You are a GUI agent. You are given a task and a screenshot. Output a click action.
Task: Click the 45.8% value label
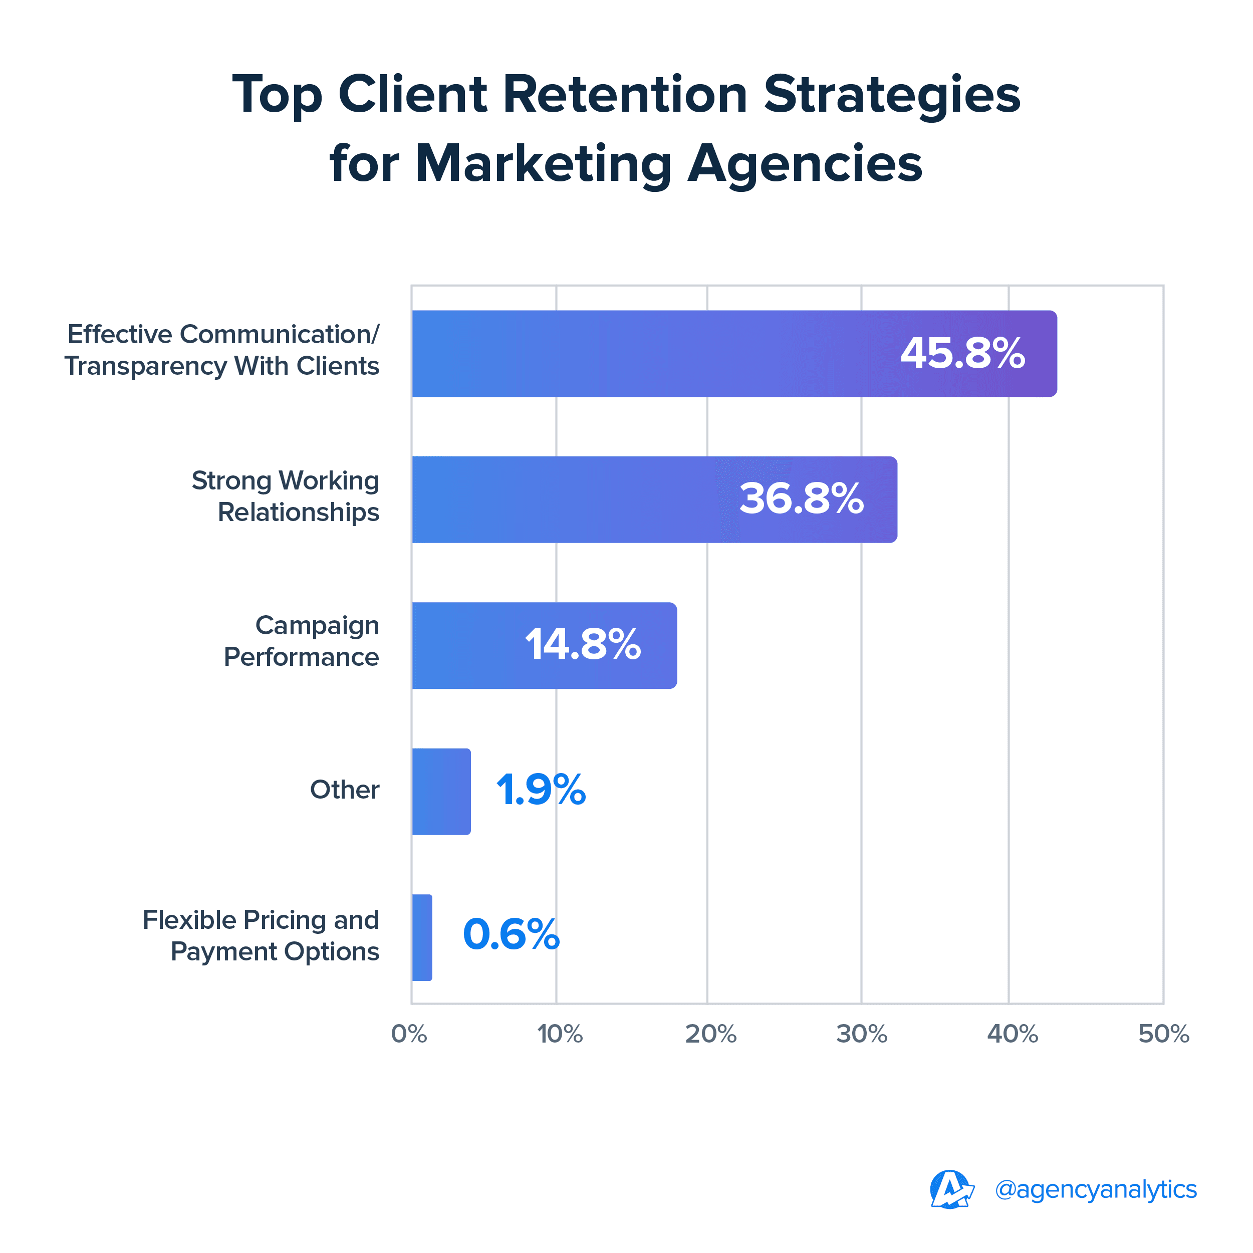(962, 354)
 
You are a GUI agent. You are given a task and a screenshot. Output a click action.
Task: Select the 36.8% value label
(802, 499)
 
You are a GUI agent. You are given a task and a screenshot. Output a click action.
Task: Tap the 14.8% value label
(582, 645)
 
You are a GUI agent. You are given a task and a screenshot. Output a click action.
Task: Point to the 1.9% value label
(541, 791)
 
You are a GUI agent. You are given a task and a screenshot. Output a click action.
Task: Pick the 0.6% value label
(511, 935)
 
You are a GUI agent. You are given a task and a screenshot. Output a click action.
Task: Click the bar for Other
(441, 791)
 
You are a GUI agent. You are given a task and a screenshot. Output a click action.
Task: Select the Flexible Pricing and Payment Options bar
(421, 937)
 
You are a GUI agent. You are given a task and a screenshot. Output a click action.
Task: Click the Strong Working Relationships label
(286, 496)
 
